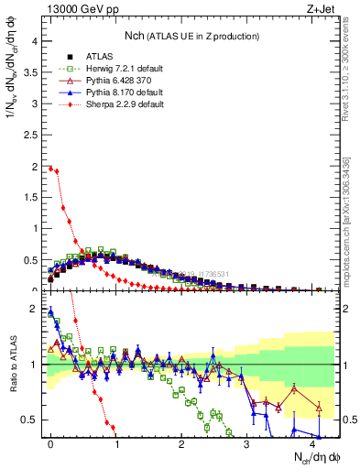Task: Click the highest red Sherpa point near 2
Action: click(50, 169)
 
